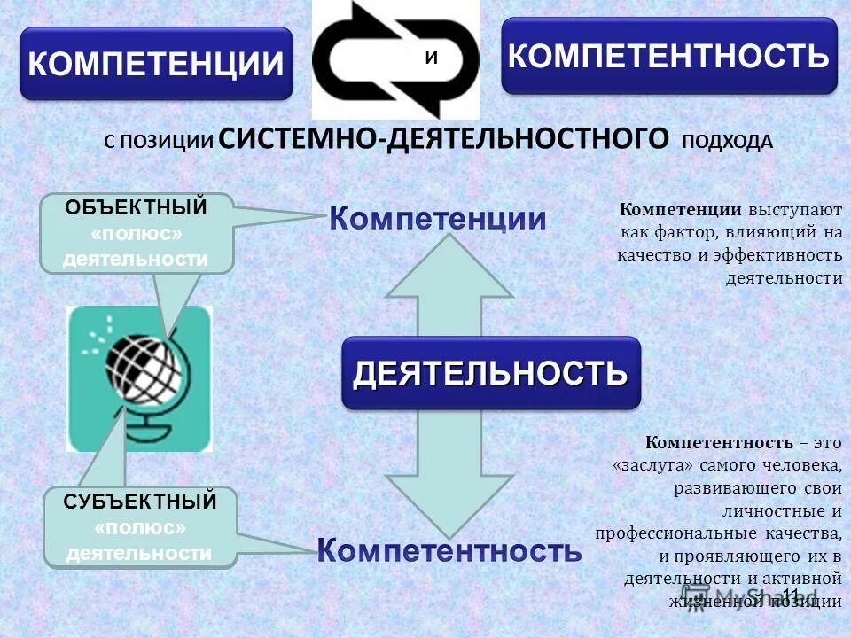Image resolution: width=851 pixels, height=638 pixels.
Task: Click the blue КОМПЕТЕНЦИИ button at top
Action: click(156, 64)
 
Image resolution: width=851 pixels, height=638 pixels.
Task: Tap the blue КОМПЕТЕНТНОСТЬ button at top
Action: click(669, 56)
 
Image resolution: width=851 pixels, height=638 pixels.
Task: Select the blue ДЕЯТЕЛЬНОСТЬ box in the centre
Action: click(491, 373)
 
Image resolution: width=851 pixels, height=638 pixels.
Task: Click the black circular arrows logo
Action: click(395, 59)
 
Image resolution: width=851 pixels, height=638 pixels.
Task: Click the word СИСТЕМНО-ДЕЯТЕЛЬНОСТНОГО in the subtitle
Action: click(443, 139)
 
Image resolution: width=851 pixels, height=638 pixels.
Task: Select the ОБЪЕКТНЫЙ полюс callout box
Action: click(137, 233)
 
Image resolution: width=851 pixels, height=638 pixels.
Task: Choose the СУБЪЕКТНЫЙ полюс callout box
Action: click(140, 527)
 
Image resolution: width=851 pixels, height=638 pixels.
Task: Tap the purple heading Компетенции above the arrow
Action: click(438, 218)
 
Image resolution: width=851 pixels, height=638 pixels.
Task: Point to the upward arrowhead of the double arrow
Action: click(449, 266)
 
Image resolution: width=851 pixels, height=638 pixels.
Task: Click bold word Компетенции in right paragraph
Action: click(681, 210)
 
